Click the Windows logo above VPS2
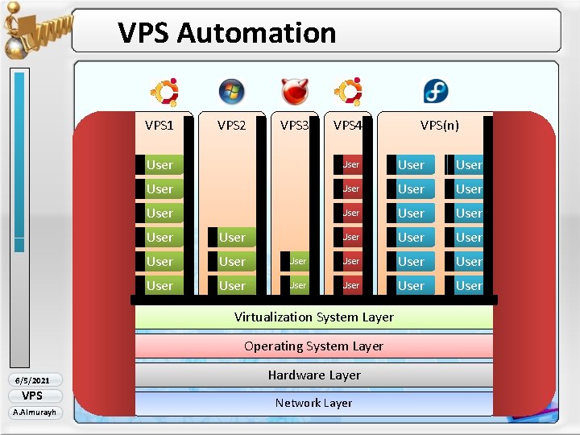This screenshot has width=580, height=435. pos(231,92)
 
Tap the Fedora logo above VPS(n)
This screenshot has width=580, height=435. pos(437,92)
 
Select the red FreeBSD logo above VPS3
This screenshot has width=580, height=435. pos(294,92)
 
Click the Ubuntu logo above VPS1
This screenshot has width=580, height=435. pos(165,92)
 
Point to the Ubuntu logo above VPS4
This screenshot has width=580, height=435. pos(348,92)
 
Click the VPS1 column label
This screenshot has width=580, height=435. pos(159,125)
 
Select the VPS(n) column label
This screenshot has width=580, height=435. pos(440,125)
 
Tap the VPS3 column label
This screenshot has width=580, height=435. pos(294,125)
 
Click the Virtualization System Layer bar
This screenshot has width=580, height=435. pos(313,317)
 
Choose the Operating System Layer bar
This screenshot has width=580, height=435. pos(313,346)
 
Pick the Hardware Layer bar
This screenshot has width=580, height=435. pos(313,375)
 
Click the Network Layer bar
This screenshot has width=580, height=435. pos(313,403)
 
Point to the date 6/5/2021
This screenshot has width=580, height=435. pos(32,380)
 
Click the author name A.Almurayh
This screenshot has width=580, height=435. pos(32,412)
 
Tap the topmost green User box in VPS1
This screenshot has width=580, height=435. pos(159,165)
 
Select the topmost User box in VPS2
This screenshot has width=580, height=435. pos(232,238)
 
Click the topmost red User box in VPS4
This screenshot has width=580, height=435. pos(350,165)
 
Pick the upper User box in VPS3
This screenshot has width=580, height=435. pos(297,261)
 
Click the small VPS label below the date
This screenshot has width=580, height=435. pos(32,396)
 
